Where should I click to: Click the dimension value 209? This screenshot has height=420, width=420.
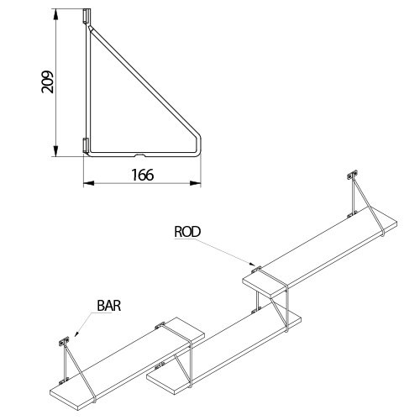pyautogui.click(x=47, y=81)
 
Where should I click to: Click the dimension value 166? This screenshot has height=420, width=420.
pyautogui.click(x=143, y=175)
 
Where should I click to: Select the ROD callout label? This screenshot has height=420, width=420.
pyautogui.click(x=187, y=232)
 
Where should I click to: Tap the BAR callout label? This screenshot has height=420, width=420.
pyautogui.click(x=109, y=306)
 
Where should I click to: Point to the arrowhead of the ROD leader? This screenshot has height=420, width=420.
pyautogui.click(x=253, y=264)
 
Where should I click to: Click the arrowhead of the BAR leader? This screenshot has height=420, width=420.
pyautogui.click(x=76, y=333)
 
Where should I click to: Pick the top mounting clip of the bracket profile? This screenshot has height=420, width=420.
pyautogui.click(x=87, y=16)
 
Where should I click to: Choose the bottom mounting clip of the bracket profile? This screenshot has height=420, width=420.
pyautogui.click(x=86, y=145)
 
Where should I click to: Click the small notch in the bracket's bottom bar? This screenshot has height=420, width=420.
pyautogui.click(x=140, y=155)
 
